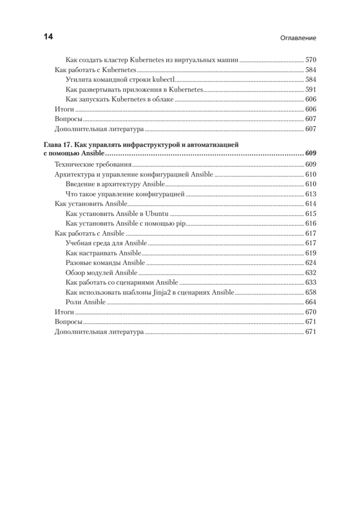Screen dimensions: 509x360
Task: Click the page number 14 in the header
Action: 48,37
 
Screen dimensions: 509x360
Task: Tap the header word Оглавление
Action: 299,38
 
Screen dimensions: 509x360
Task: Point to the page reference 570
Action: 311,60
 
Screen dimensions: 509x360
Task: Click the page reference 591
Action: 311,89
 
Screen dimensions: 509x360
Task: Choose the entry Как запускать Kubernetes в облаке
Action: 120,99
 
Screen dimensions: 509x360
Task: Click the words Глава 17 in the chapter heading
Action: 59,145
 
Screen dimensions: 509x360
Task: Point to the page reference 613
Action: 311,194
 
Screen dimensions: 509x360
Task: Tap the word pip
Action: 181,224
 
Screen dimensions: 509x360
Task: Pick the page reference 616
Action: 311,224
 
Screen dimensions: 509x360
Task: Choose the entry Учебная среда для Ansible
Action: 106,243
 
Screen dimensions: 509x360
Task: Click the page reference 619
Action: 311,253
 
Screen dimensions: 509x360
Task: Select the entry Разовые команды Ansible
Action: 106,263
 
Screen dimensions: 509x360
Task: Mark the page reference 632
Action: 311,272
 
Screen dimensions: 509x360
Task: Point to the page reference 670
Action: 311,312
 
